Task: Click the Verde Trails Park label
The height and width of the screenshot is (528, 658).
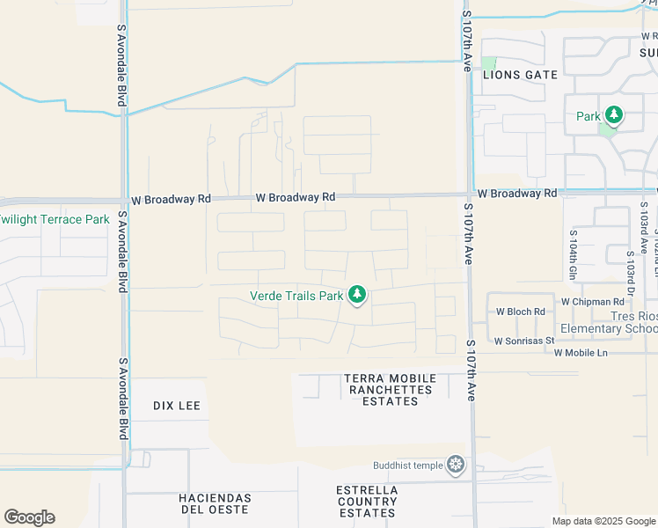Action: pyautogui.click(x=296, y=296)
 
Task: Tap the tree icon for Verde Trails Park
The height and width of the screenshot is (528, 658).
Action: pyautogui.click(x=356, y=295)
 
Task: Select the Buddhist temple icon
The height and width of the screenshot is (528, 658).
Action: pyautogui.click(x=456, y=465)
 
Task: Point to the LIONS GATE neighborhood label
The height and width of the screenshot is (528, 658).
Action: pyautogui.click(x=520, y=75)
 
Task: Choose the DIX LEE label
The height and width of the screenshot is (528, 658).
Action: pyautogui.click(x=177, y=406)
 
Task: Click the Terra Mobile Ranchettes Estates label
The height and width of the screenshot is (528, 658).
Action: pyautogui.click(x=390, y=390)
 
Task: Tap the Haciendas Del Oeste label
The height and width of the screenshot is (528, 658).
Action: pyautogui.click(x=216, y=503)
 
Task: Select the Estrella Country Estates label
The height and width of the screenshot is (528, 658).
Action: pyautogui.click(x=367, y=502)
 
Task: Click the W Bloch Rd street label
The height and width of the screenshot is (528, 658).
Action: pyautogui.click(x=521, y=312)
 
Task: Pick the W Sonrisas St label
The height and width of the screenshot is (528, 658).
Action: pyautogui.click(x=524, y=341)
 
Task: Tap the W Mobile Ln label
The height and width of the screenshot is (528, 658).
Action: pyautogui.click(x=581, y=353)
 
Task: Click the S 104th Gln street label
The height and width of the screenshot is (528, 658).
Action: pyautogui.click(x=573, y=250)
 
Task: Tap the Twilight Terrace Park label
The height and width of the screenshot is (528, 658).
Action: pyautogui.click(x=53, y=219)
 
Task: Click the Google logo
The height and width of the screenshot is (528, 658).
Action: pyautogui.click(x=29, y=517)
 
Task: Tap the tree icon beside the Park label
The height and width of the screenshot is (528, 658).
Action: pyautogui.click(x=614, y=115)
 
